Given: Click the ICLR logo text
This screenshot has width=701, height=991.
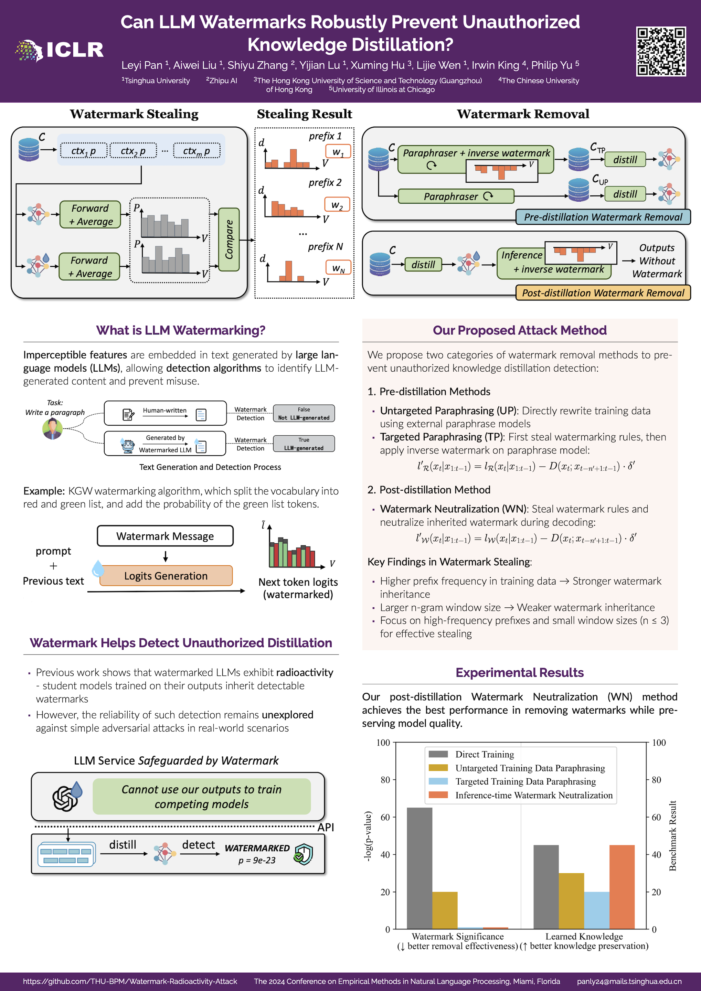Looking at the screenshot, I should tap(75, 50).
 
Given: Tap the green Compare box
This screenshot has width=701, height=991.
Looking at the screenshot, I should tap(229, 239).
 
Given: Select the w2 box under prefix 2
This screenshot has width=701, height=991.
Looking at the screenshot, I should tap(337, 205).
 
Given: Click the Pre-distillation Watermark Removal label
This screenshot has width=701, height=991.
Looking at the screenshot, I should tap(603, 217).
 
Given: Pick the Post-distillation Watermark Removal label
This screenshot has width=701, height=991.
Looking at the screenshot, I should tap(603, 293).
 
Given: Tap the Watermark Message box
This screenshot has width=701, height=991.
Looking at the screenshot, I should tap(165, 536).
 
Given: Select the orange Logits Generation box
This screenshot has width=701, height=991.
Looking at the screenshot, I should tap(166, 576).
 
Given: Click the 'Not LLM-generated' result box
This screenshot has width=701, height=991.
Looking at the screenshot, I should tap(304, 414).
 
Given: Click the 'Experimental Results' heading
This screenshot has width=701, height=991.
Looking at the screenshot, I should tap(519, 672).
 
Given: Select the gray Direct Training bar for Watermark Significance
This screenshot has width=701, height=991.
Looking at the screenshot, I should tap(419, 867).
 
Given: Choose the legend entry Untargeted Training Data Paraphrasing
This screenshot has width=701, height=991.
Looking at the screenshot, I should tap(530, 768).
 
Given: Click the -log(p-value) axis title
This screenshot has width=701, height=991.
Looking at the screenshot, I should tap(368, 837).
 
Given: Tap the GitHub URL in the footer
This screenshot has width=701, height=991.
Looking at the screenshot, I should tap(130, 981).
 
